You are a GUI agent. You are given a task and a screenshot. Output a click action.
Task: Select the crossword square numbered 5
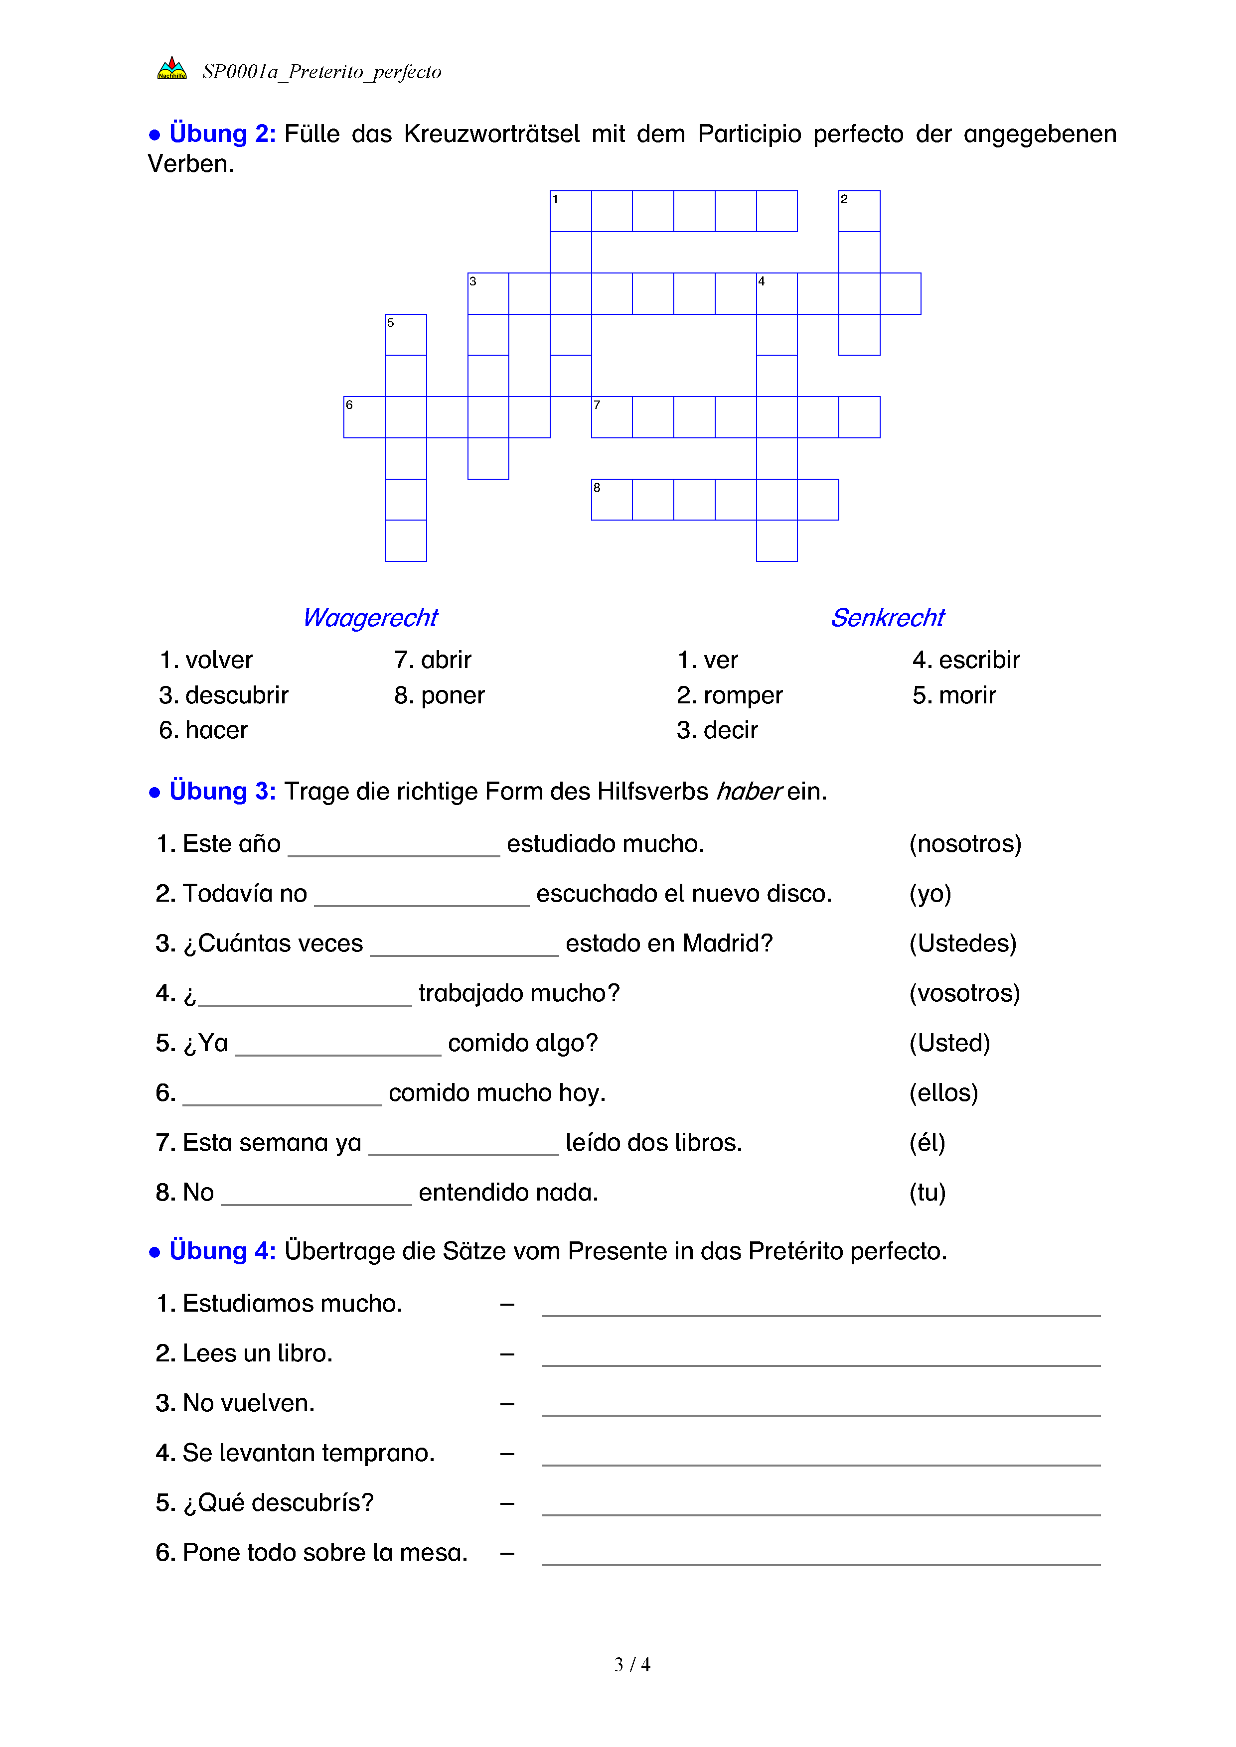click(406, 334)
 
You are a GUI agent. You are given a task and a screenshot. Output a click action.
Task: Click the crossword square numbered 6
click(364, 417)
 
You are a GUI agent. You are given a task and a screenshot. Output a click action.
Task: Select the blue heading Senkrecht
click(888, 618)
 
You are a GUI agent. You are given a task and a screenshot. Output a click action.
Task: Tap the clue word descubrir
click(237, 695)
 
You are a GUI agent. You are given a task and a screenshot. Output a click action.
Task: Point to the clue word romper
click(742, 695)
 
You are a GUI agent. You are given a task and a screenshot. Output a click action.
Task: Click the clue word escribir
click(979, 660)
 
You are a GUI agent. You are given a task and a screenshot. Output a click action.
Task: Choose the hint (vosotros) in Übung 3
click(964, 993)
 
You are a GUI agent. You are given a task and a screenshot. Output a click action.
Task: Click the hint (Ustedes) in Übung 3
click(963, 943)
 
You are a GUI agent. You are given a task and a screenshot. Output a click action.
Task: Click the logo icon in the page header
click(172, 69)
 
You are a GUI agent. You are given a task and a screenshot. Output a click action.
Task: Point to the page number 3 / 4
click(631, 1665)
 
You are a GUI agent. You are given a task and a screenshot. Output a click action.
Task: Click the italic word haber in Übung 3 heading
click(749, 792)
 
